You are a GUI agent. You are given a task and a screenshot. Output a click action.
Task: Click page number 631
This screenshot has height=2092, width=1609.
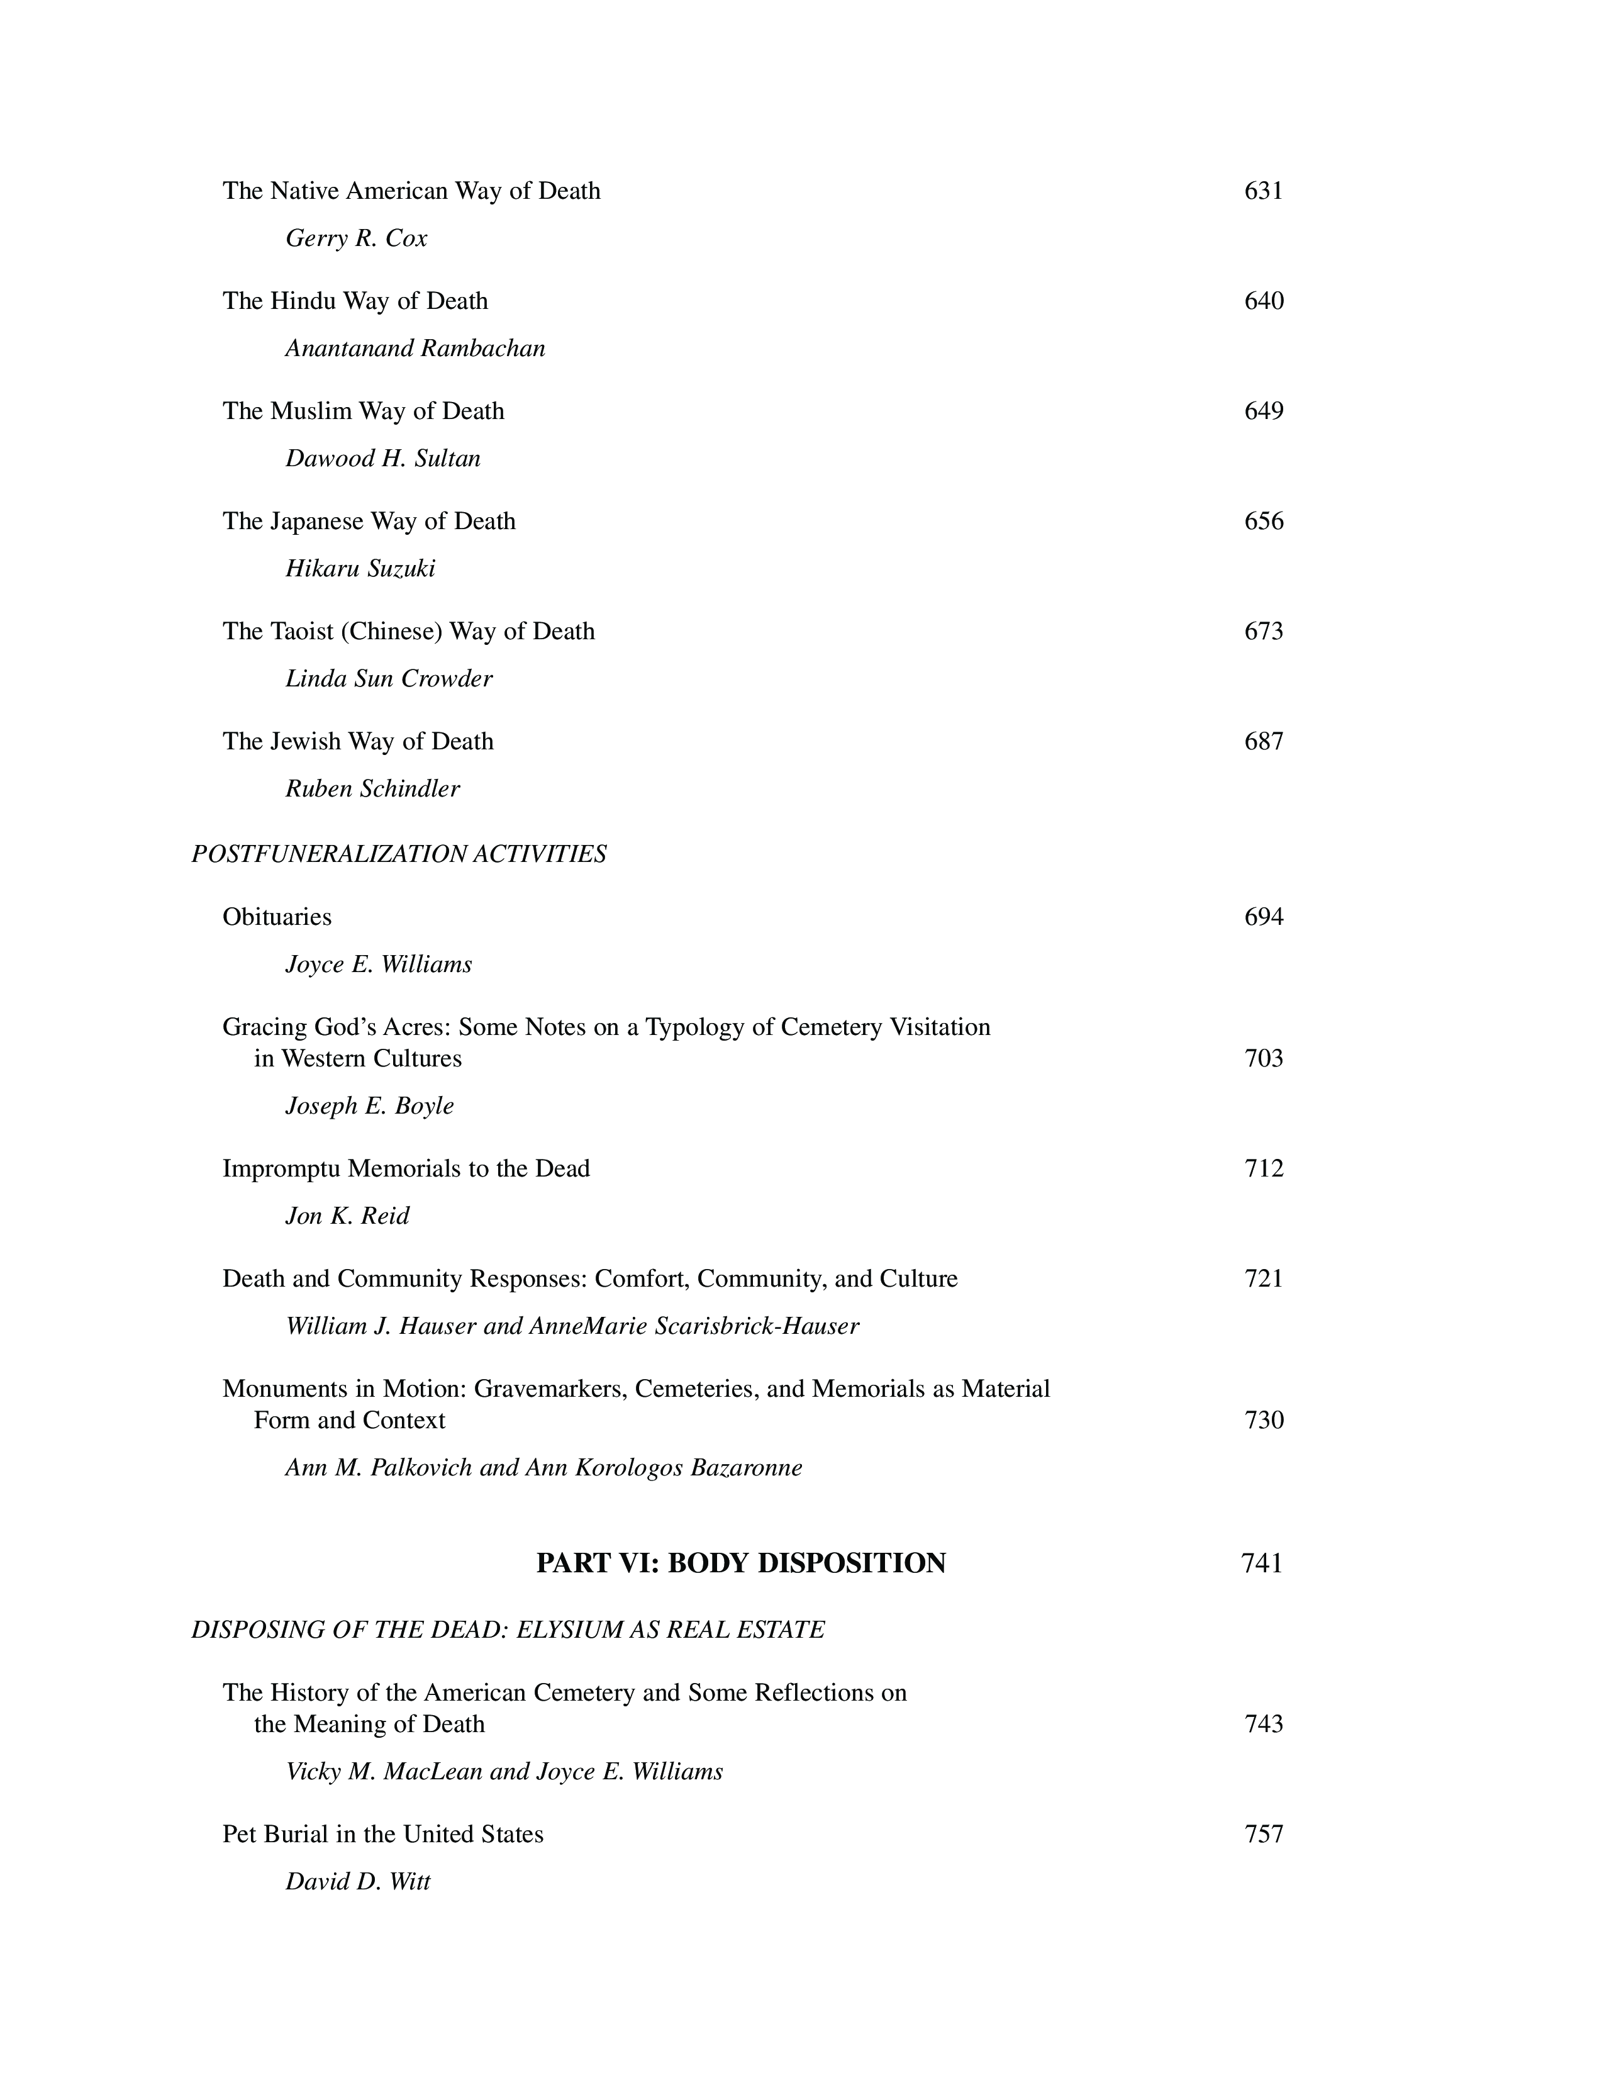pos(1263,191)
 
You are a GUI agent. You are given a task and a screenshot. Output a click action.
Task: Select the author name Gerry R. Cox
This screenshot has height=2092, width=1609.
pos(356,238)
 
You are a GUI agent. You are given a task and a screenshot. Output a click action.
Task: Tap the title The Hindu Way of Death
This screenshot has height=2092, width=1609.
pos(355,301)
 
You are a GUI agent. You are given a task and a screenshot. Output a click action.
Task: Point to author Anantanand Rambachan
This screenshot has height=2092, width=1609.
pos(416,349)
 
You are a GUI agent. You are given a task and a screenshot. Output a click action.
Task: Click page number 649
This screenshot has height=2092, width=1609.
pos(1263,411)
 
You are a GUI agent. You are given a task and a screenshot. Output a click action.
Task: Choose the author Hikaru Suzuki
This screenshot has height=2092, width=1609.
pos(360,569)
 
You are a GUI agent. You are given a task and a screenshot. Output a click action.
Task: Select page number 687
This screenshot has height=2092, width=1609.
pos(1263,741)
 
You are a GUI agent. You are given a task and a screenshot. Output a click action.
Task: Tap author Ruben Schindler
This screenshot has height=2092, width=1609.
pos(372,789)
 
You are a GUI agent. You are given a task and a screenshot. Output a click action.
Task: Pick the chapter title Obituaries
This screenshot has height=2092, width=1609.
pos(277,917)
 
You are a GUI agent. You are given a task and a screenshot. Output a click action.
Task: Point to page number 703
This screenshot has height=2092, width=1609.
pos(1263,1058)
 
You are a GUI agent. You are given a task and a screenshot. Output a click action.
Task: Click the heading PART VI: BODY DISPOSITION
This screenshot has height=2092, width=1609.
pos(740,1563)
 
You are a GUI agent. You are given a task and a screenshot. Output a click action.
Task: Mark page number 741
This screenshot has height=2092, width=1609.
pos(1261,1563)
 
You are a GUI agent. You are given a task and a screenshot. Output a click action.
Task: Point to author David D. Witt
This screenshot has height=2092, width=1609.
pos(358,1882)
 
